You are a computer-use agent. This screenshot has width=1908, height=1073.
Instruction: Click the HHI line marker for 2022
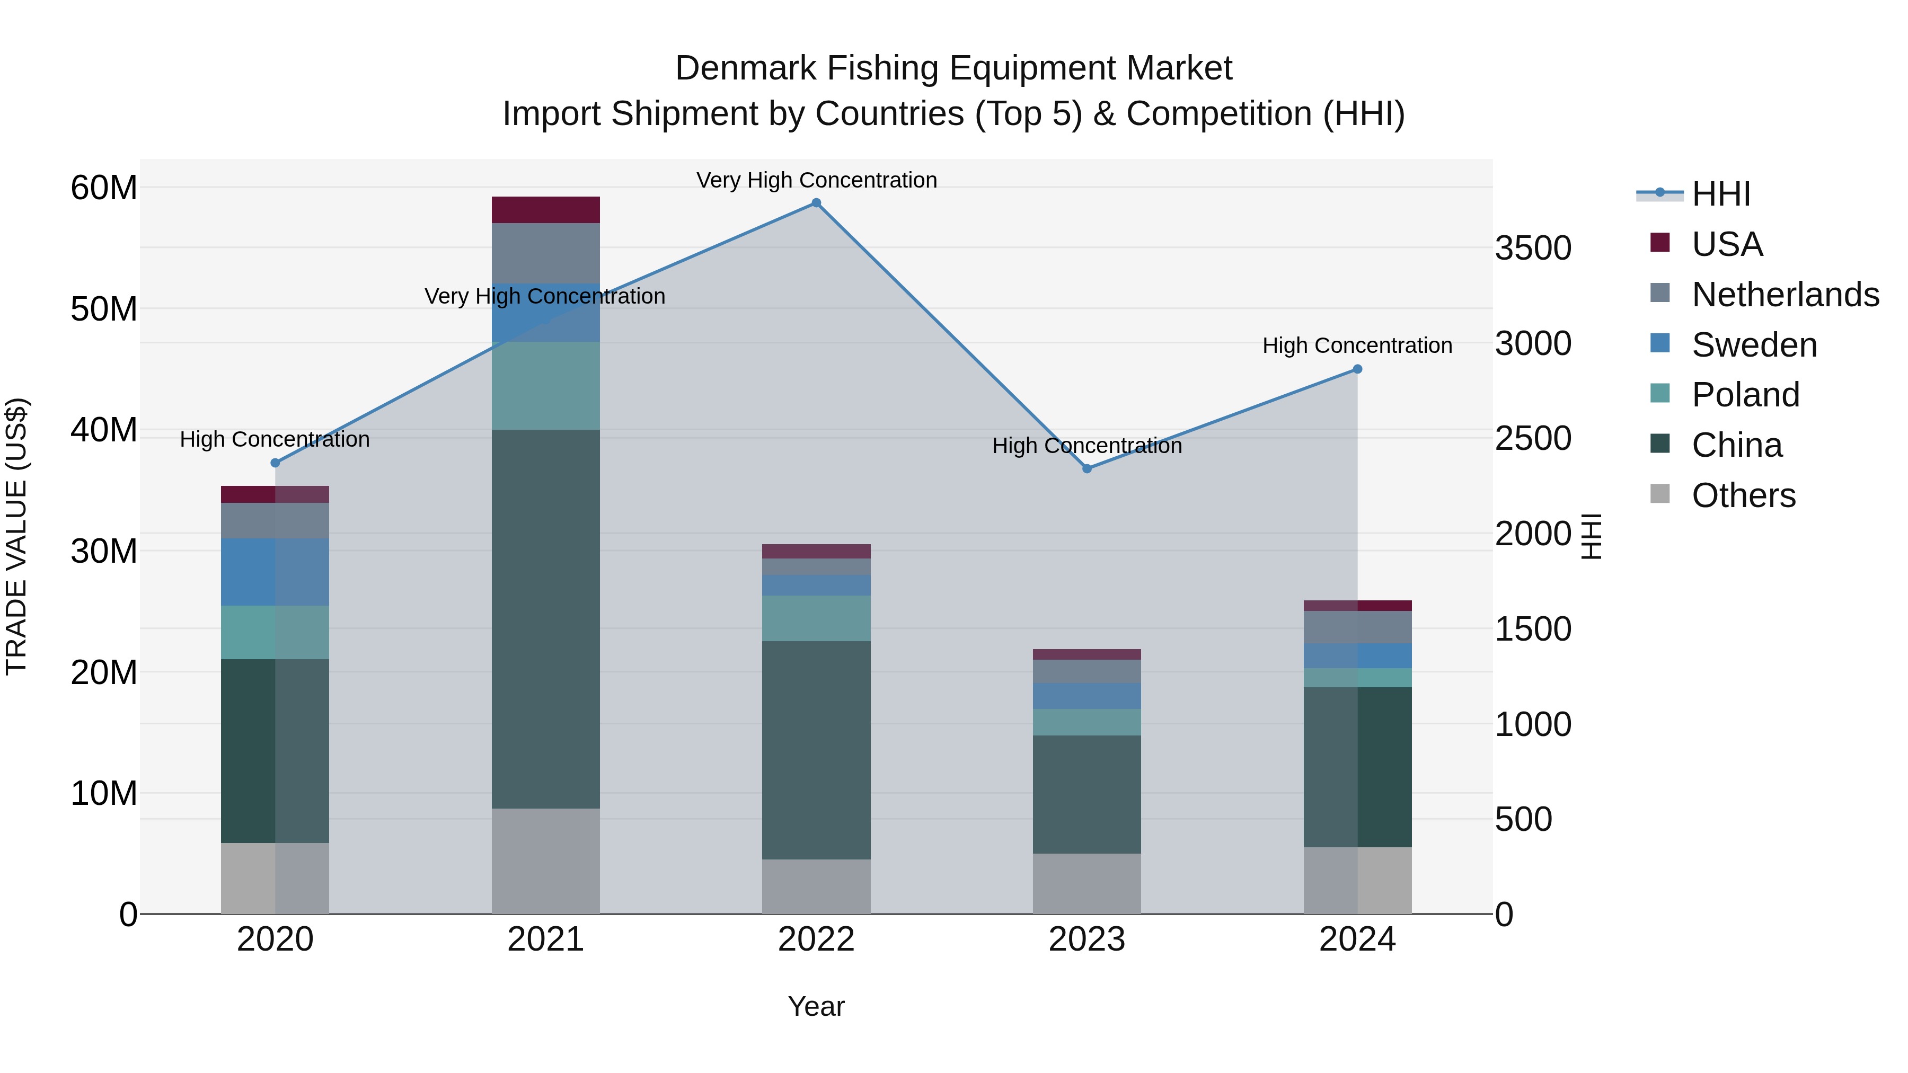point(816,203)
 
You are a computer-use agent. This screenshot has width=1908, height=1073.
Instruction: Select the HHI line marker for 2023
point(1086,469)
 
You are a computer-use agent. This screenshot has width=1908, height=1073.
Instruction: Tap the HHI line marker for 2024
point(1357,369)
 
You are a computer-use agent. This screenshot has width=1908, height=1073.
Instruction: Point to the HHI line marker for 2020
point(275,463)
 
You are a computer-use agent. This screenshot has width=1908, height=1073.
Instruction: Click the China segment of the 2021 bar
point(545,618)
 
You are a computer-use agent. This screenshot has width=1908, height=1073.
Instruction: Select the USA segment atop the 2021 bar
point(545,209)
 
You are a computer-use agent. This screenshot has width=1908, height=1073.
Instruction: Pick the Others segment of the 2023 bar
point(1086,883)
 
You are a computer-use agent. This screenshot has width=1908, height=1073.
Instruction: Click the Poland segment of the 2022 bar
point(816,618)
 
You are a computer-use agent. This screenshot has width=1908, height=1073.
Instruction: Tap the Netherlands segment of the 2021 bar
point(545,253)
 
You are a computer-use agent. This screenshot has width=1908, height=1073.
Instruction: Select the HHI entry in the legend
point(1720,194)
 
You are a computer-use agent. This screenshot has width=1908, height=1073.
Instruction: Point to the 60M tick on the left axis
point(104,188)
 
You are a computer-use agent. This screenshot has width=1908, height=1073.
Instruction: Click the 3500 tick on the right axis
point(1532,248)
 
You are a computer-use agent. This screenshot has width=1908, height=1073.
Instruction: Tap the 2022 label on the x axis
point(816,939)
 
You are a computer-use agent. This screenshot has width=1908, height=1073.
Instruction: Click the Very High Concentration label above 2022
point(816,180)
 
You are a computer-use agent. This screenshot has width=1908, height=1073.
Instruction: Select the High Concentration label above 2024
point(1357,345)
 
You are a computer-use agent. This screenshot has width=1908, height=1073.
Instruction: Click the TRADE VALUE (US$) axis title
point(16,536)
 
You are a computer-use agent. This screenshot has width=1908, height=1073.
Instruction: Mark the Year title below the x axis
point(816,1006)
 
